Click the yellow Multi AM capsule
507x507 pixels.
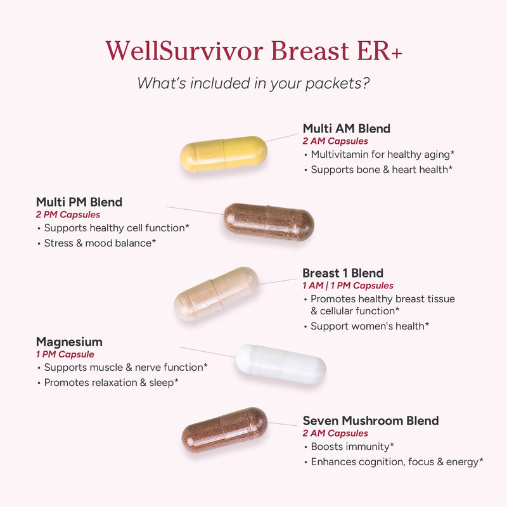224,154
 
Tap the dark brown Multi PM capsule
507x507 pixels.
269,222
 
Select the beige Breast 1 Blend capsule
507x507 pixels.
216,293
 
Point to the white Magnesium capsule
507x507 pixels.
281,364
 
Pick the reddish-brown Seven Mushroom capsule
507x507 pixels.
224,430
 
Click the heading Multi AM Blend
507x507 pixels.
347,129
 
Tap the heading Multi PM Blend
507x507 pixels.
79,202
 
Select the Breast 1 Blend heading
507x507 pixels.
343,273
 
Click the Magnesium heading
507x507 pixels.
69,342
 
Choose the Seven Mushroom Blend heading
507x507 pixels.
371,421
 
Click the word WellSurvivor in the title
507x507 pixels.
184,51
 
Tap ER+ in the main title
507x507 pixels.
380,51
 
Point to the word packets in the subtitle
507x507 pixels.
333,84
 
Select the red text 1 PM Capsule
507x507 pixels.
65,354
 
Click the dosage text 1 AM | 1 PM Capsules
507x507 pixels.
348,286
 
